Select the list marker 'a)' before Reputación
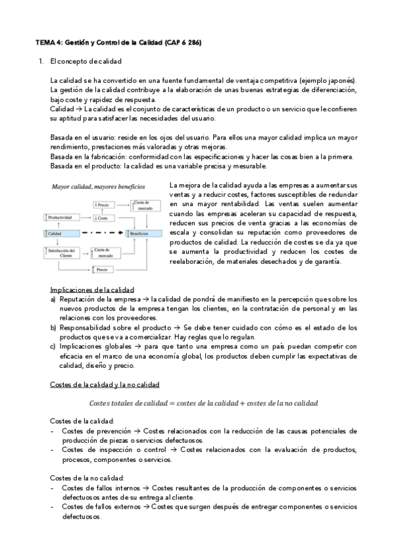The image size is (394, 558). tap(53, 299)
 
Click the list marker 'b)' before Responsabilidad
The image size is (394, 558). tap(53, 328)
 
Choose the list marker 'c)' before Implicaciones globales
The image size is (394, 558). tap(53, 347)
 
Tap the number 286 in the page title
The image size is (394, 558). tap(194, 42)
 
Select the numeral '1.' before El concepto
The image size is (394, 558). tap(41, 61)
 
